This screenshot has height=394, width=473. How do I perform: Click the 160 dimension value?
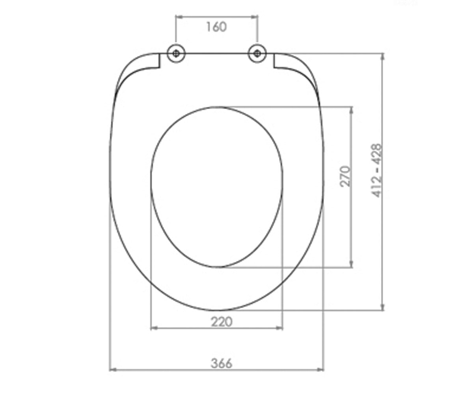(216, 27)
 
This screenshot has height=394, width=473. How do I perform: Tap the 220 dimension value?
(222, 322)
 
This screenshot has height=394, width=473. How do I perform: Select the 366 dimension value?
(221, 363)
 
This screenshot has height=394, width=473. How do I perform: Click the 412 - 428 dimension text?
(376, 170)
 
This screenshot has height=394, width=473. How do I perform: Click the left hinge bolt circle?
(176, 54)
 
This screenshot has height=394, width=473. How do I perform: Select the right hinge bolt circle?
(257, 54)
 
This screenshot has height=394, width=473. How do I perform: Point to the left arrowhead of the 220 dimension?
(154, 328)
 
